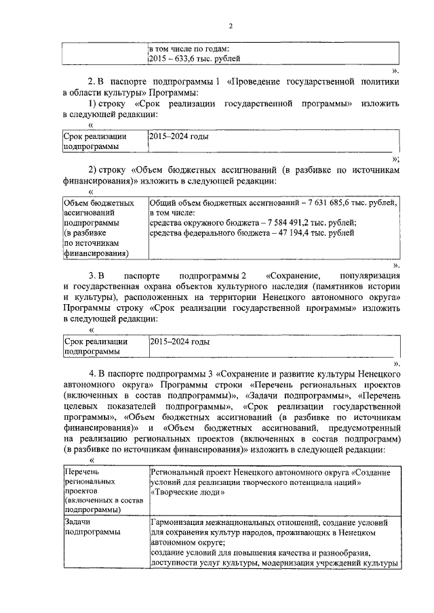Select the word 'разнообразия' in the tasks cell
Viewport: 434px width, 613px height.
point(360,553)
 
